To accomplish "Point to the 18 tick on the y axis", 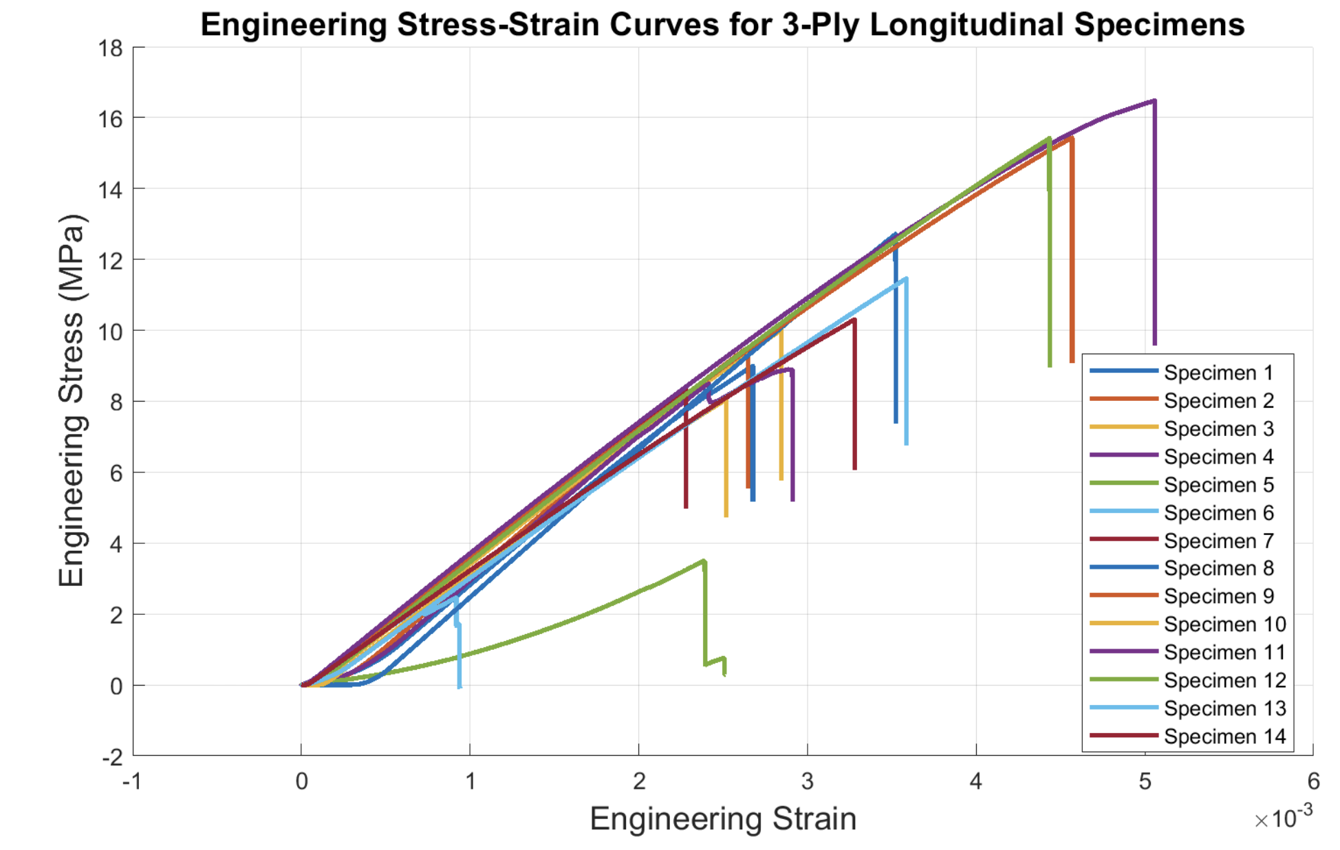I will [111, 49].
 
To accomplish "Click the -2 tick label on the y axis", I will [112, 757].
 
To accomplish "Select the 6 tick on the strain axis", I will [1313, 782].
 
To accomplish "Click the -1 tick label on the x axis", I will [131, 782].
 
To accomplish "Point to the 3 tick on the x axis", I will [807, 782].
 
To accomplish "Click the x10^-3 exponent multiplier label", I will [1283, 818].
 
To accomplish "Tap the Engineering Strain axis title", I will [722, 819].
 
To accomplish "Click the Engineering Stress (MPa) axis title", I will [71, 400].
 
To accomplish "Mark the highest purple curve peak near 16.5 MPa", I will [1154, 101].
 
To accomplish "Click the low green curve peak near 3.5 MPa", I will [703, 561].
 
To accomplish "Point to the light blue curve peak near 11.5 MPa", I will [906, 279].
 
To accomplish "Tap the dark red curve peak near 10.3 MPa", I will [854, 320].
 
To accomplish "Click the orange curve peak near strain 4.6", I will [1071, 138].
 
